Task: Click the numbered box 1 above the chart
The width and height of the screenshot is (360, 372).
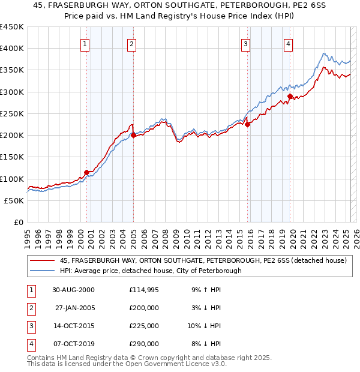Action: point(85,43)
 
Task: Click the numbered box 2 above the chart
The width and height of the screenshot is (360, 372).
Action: point(131,43)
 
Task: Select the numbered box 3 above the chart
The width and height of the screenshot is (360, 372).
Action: point(245,43)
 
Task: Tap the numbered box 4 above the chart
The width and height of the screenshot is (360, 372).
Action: point(289,43)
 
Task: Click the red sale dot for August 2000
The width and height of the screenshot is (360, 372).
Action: point(87,172)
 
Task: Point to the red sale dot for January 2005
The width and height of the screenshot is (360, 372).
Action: point(133,136)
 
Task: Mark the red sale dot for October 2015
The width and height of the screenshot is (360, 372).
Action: point(247,125)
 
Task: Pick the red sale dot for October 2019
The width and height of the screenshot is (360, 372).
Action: point(290,96)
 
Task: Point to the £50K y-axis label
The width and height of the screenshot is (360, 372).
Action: point(14,200)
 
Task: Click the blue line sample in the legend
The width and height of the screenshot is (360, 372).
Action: point(43,271)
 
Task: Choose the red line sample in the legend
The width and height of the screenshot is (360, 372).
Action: point(43,261)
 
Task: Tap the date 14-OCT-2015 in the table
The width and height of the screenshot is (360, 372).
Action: point(73,326)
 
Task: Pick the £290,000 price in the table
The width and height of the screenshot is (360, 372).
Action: point(144,344)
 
